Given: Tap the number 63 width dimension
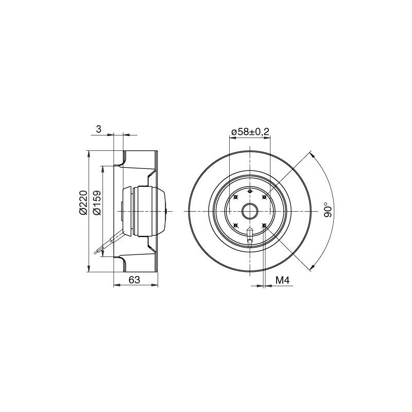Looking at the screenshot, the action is (134, 280).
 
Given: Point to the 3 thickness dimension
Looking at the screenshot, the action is (98, 129).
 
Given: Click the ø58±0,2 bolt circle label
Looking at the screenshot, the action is (250, 132).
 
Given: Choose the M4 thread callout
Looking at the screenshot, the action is (282, 280).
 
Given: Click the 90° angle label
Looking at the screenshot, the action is (328, 210).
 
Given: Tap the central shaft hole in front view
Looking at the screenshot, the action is (250, 211).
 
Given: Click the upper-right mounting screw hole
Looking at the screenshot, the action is (264, 197).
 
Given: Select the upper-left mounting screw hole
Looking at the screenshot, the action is (235, 197).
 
